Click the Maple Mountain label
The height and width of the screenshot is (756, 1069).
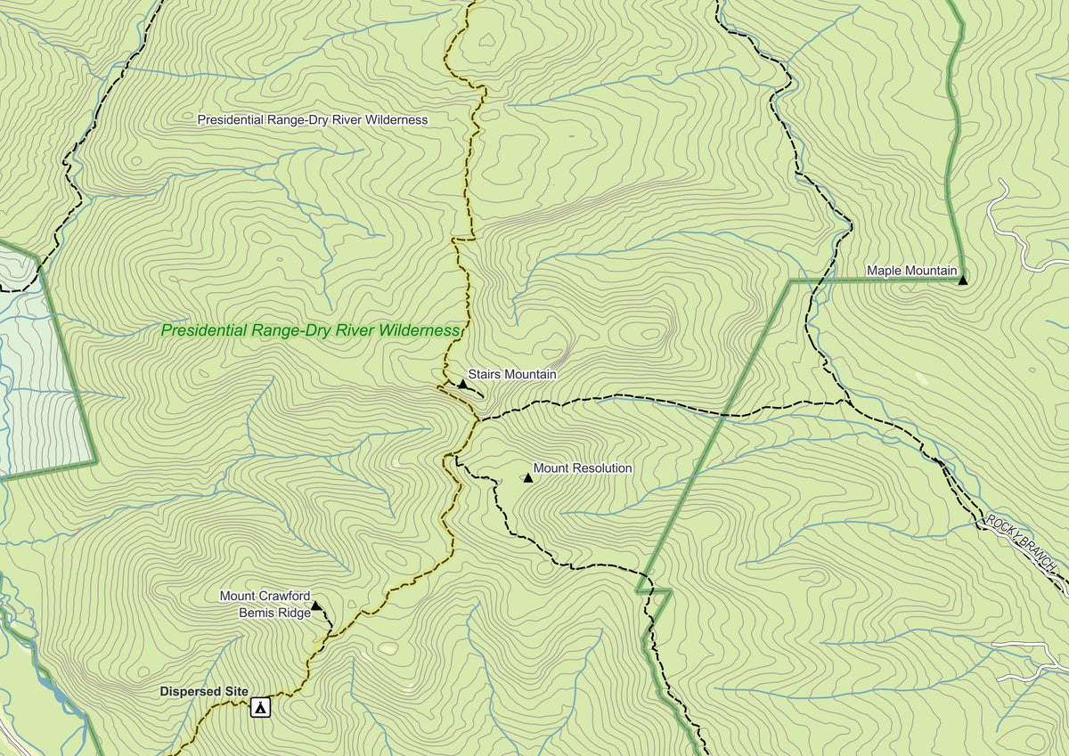911,271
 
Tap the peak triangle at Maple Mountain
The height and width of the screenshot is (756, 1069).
962,280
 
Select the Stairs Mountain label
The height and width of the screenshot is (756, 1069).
512,375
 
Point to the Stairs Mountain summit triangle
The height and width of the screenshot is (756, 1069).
462,385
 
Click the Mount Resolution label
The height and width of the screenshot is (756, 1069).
583,468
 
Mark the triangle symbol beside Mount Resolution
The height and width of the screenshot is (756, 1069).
527,478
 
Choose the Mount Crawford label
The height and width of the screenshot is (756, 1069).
265,596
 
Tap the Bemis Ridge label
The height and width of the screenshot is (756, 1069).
273,612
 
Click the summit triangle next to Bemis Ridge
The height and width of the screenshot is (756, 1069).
316,606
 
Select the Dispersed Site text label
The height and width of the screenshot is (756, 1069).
204,691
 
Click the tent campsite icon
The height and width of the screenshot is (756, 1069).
260,708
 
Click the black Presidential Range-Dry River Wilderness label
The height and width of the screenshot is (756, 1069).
312,119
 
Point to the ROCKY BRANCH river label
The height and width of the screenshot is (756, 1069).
1022,543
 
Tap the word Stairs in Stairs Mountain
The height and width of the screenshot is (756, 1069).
485,375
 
